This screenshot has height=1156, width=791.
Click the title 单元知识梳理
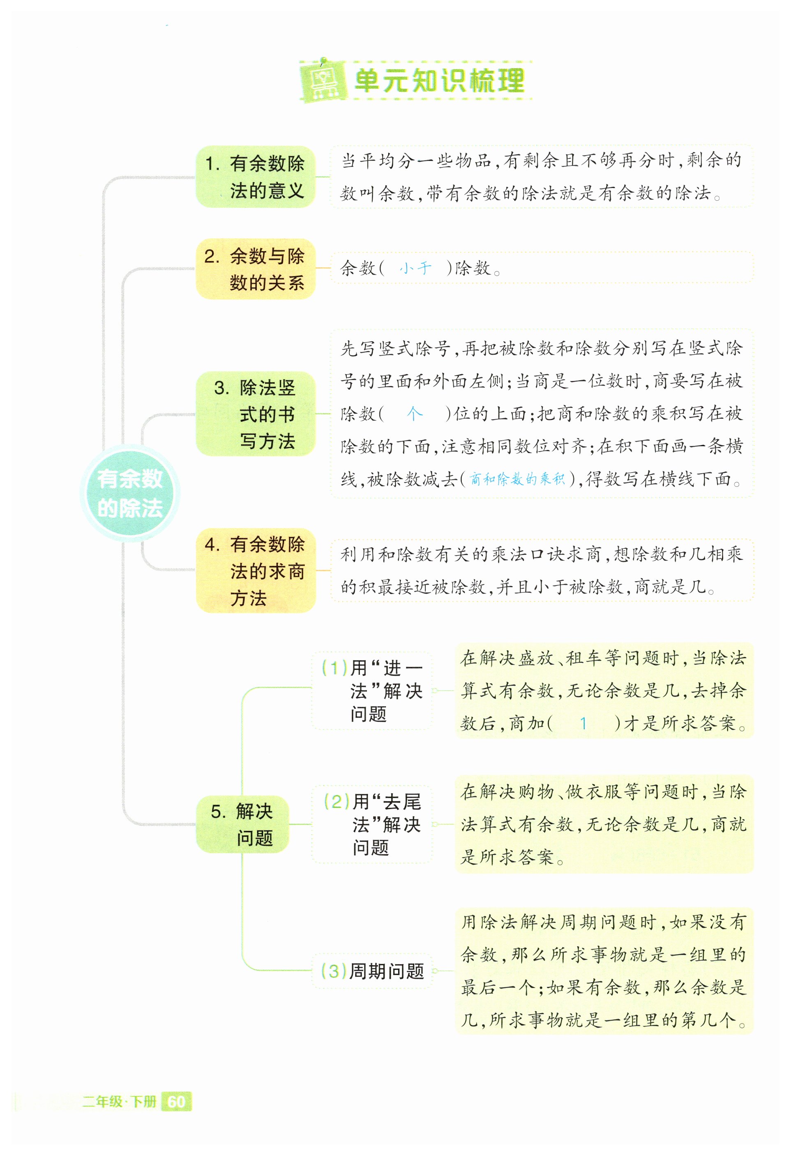[439, 80]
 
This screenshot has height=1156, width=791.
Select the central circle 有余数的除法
[129, 493]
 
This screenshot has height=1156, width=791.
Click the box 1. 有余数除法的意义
[255, 177]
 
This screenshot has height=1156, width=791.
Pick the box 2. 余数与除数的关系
[255, 269]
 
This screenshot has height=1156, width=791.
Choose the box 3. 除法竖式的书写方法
[255, 414]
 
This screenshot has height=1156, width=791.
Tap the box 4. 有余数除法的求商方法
[255, 571]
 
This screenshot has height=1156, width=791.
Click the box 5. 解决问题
[242, 824]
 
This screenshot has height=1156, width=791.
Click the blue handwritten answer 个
[414, 413]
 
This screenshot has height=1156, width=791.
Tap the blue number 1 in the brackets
[583, 723]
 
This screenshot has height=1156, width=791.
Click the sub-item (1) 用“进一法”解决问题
[372, 690]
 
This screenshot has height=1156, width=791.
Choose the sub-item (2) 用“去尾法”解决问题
[372, 824]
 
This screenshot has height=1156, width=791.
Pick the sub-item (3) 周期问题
[372, 970]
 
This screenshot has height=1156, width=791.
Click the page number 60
[176, 1102]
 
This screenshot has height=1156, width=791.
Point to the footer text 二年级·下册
[120, 1102]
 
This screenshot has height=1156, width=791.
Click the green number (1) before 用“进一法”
[334, 667]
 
